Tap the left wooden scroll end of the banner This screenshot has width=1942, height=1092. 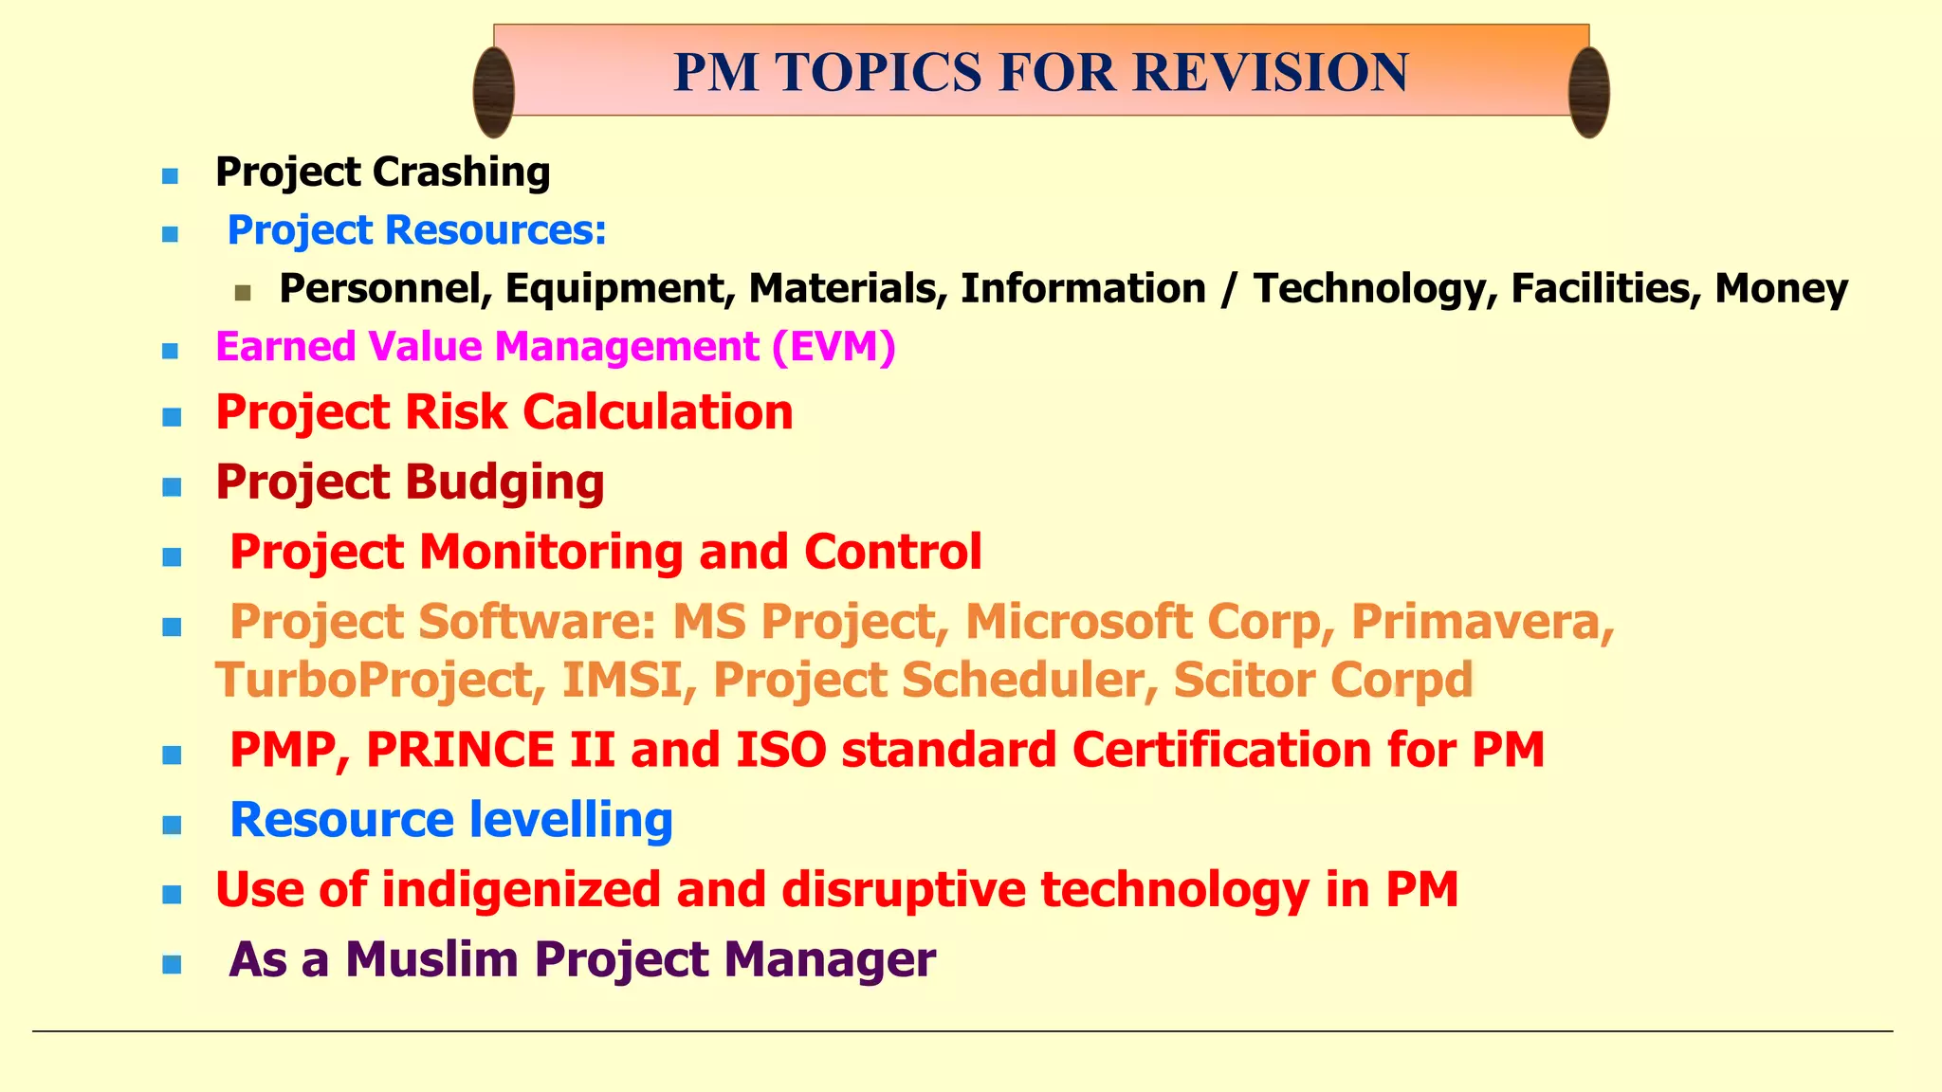[x=494, y=92]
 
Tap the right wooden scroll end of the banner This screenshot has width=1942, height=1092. [x=1588, y=92]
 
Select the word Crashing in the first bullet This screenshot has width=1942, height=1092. [x=461, y=173]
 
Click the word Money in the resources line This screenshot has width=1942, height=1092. [x=1781, y=288]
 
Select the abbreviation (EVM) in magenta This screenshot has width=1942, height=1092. [x=834, y=346]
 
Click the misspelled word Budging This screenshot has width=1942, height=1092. [x=505, y=482]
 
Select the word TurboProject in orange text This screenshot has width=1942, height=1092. [x=379, y=681]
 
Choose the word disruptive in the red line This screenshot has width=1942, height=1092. [x=904, y=889]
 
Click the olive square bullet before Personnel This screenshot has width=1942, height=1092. [x=243, y=293]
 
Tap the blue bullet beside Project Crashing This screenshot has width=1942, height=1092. [x=171, y=176]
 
